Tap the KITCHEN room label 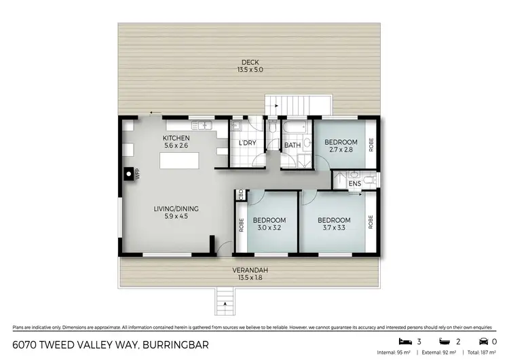pos(176,137)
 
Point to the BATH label pos(293,145)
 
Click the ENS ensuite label pos(354,183)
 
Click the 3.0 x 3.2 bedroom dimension pos(269,228)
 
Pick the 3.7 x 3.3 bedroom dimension pos(334,228)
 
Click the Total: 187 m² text pos(483,353)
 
